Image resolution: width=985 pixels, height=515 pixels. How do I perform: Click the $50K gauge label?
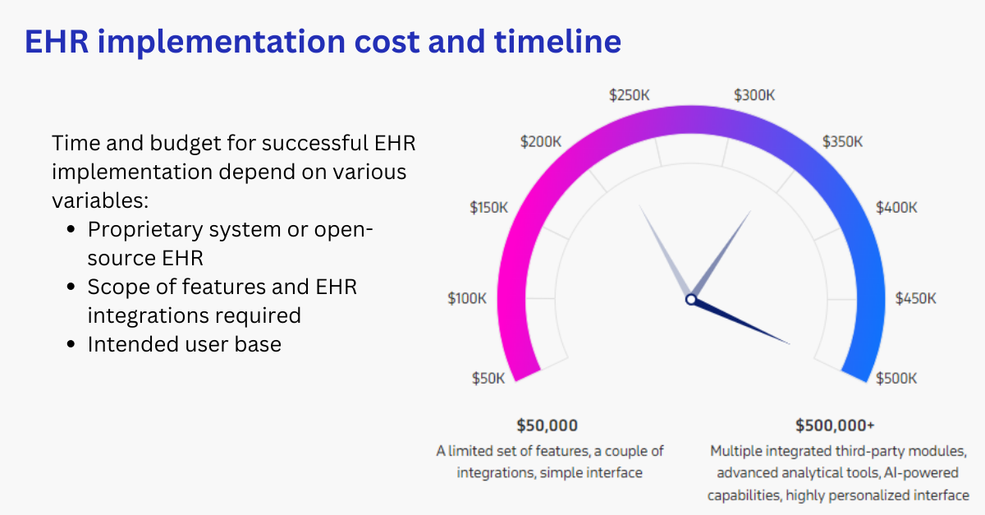[x=488, y=378]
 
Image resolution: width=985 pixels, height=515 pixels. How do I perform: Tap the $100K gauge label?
[x=467, y=298]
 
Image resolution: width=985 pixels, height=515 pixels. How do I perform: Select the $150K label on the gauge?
[x=488, y=208]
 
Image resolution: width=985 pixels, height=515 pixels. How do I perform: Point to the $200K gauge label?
[x=541, y=141]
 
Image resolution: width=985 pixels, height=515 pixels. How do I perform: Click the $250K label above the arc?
[x=630, y=94]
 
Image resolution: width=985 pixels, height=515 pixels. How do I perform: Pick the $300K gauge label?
[x=754, y=94]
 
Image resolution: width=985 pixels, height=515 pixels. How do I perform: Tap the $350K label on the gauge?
[x=842, y=141]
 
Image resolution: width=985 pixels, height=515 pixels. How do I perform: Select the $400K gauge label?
[x=896, y=208]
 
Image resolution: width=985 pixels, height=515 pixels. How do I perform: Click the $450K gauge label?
[x=915, y=298]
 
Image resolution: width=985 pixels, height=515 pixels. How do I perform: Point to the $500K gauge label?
[x=896, y=378]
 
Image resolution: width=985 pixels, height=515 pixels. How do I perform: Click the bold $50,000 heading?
[x=547, y=425]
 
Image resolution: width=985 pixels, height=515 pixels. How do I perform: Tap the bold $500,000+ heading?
[x=835, y=425]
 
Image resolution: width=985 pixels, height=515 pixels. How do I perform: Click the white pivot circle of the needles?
[x=691, y=300]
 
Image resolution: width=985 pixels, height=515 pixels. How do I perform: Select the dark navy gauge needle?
[x=747, y=324]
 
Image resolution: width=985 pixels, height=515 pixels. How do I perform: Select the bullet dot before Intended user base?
[x=71, y=345]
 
